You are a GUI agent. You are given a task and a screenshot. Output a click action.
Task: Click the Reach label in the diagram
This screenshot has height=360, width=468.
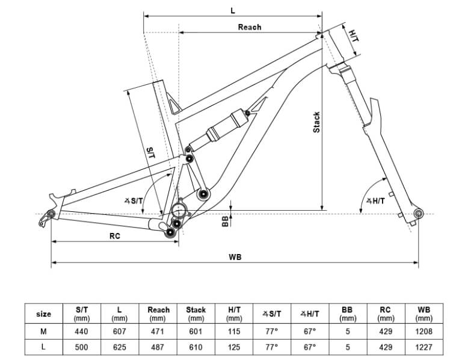[250, 26]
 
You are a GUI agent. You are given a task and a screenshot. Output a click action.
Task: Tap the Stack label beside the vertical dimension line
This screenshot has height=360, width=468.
[317, 123]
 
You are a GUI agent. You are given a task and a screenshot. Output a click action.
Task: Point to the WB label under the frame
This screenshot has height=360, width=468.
[235, 256]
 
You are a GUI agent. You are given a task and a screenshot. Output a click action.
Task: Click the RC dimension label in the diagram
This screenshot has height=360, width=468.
[115, 236]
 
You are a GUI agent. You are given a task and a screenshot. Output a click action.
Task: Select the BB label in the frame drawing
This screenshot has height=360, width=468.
[226, 221]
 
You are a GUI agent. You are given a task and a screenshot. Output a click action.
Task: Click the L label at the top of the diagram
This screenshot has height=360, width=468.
[232, 10]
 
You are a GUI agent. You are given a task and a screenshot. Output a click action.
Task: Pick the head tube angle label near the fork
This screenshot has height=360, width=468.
[375, 200]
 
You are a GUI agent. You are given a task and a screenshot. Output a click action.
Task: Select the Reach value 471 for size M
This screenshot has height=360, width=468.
[158, 331]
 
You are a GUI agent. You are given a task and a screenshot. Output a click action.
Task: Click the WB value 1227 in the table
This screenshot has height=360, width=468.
[424, 347]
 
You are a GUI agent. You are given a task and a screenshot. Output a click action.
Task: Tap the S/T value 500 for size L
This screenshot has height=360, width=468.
[81, 347]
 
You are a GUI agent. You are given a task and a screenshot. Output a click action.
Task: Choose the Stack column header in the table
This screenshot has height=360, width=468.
[196, 314]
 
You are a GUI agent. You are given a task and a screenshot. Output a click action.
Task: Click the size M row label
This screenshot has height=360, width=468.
[44, 331]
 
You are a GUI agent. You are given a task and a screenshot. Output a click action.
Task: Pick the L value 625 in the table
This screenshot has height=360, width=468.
[120, 347]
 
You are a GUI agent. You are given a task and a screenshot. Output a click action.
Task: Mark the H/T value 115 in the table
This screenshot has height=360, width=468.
[234, 331]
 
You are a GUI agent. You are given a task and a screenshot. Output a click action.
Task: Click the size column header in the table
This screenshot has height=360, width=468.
[44, 314]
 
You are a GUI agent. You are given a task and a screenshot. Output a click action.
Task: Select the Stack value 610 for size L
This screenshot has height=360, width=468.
[196, 347]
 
